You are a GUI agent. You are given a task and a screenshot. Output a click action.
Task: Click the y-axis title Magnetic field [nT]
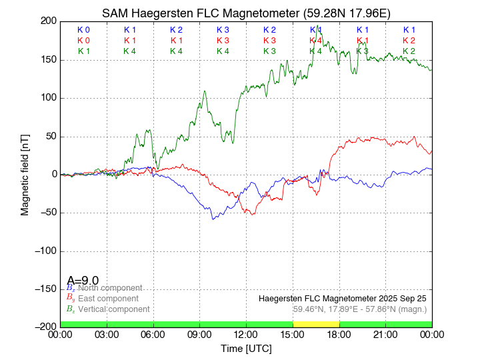[25, 173]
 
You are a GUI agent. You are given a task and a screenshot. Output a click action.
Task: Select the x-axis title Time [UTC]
[246, 349]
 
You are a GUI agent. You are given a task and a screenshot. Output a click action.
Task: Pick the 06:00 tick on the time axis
[153, 335]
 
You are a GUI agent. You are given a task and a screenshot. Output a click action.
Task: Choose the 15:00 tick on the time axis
[293, 335]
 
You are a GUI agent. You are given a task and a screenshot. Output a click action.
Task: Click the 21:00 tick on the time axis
[385, 335]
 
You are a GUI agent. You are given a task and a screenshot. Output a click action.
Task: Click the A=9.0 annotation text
[83, 281]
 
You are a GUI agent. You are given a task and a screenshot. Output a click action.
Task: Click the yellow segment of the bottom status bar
[316, 323]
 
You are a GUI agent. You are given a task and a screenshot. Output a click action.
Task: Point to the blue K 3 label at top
[223, 30]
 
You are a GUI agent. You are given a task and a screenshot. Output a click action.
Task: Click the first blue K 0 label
[83, 30]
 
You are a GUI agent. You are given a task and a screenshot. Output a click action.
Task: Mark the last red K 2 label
[409, 41]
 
